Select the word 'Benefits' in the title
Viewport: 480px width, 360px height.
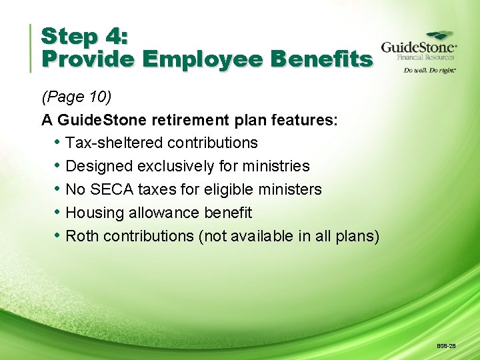[322, 59]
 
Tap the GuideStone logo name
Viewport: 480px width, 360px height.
[418, 48]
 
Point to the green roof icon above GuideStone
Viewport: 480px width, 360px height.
[440, 35]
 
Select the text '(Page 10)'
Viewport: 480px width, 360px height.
[76, 97]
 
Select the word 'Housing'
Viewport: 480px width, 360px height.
[93, 213]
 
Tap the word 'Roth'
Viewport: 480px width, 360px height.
[83, 237]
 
